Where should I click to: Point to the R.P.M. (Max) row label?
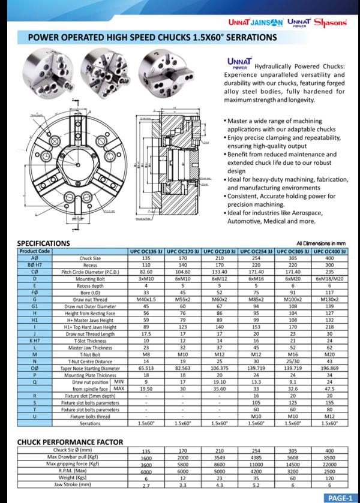(x=82, y=471)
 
